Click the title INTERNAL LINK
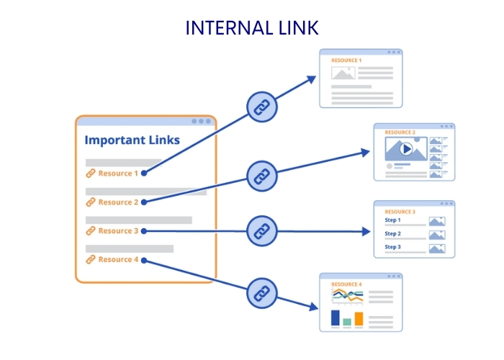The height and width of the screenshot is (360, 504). [x=252, y=28]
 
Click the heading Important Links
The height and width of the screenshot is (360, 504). [x=132, y=140]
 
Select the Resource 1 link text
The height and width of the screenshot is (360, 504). [x=118, y=174]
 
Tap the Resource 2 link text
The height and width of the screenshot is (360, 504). [x=118, y=202]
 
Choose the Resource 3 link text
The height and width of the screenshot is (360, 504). [x=118, y=231]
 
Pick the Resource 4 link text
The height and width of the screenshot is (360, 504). [x=118, y=259]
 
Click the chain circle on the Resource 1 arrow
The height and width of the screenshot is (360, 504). [x=262, y=107]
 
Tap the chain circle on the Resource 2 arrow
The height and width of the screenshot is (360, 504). [x=262, y=175]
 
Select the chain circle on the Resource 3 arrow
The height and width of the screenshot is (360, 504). [x=262, y=231]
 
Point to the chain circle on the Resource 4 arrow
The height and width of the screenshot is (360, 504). [x=262, y=292]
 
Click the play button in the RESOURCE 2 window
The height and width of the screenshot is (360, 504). [x=406, y=149]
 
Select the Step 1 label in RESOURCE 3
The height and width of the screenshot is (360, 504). [x=392, y=220]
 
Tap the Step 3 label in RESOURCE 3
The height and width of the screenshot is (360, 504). [x=392, y=248]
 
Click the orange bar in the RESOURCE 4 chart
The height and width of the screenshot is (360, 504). [x=359, y=319]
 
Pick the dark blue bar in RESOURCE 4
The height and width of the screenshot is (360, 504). [x=335, y=318]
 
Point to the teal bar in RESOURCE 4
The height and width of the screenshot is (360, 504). [x=347, y=322]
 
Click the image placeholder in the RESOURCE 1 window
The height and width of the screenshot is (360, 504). [x=343, y=73]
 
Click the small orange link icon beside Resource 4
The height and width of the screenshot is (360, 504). [x=91, y=259]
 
